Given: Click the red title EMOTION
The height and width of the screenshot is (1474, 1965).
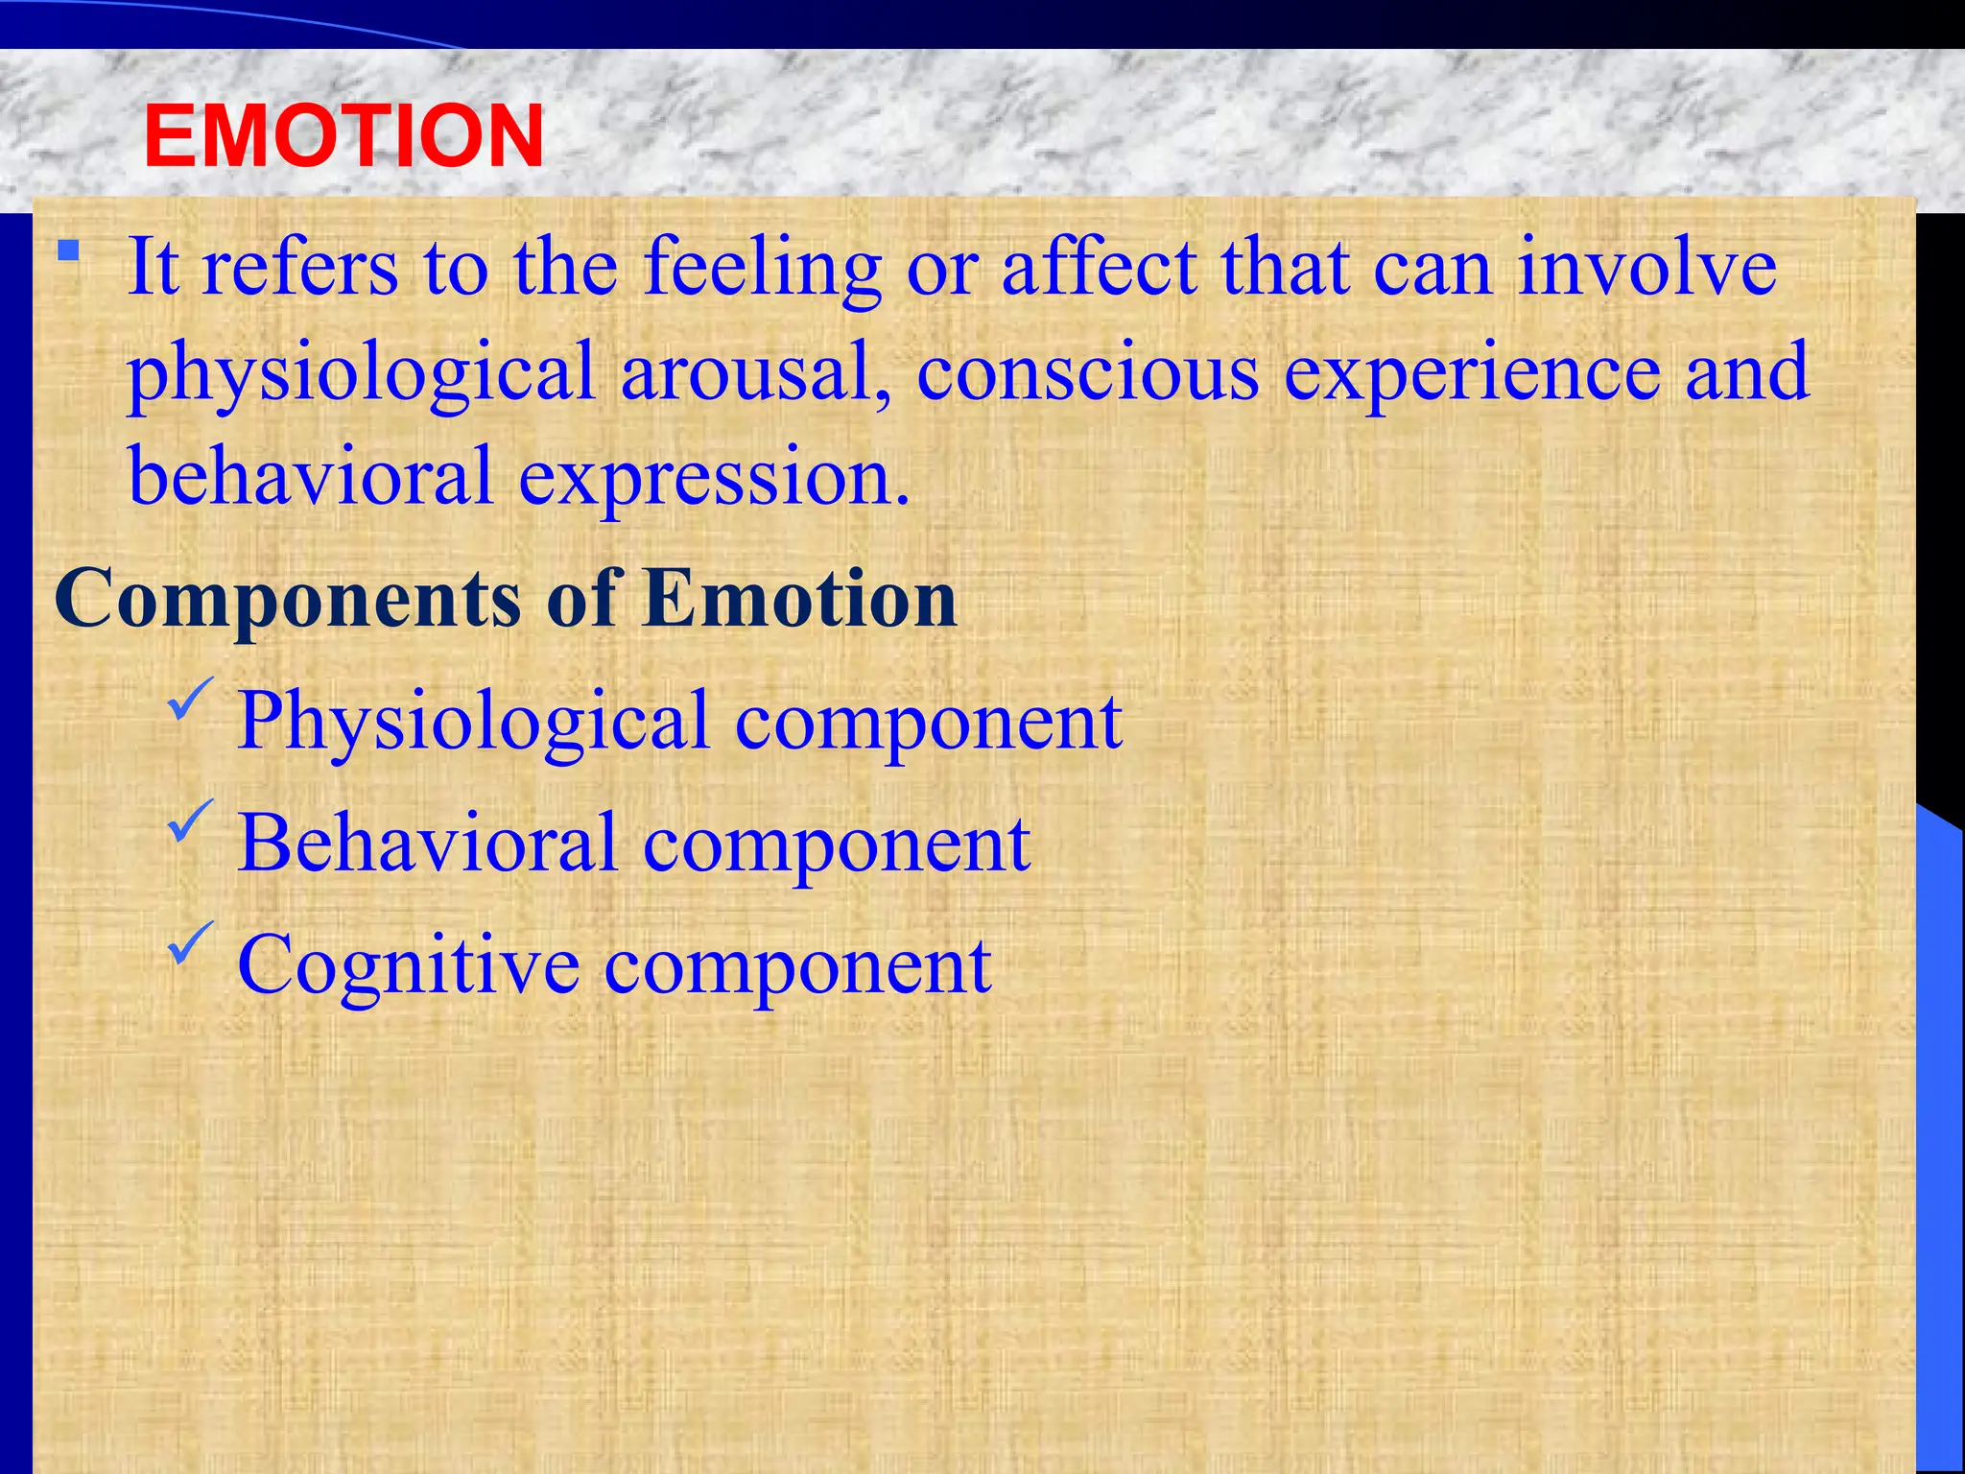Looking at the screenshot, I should click(343, 136).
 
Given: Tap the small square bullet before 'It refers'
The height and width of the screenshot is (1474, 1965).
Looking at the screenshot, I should click(67, 251).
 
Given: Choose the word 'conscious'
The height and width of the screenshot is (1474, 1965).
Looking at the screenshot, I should click(1087, 372).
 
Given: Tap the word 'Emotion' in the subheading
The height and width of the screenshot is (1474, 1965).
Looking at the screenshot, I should click(800, 599).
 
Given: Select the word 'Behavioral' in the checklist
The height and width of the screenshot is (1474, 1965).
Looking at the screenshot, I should click(427, 844).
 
